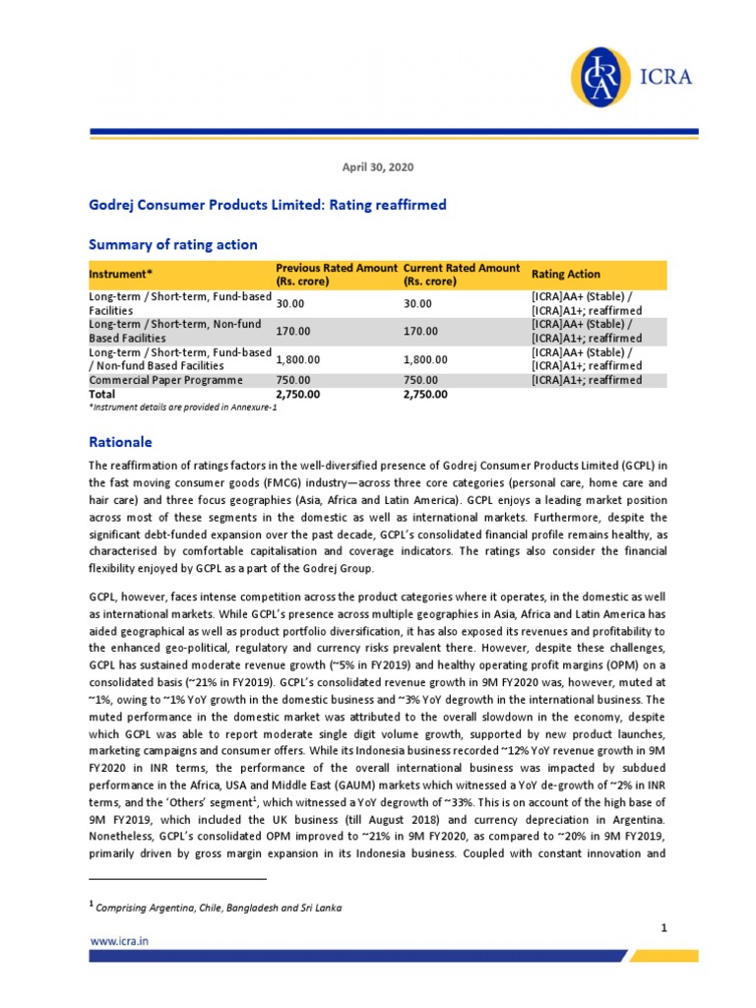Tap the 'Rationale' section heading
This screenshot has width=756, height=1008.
click(x=121, y=442)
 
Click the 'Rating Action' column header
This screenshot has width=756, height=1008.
click(x=565, y=275)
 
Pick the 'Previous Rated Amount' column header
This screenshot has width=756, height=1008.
click(x=337, y=275)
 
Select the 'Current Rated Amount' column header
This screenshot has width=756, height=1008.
click(x=462, y=275)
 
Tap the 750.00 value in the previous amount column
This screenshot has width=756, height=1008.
click(x=293, y=380)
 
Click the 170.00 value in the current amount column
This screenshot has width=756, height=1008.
click(x=422, y=331)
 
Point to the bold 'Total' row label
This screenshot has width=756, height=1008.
click(x=102, y=394)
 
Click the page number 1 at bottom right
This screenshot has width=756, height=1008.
click(x=664, y=927)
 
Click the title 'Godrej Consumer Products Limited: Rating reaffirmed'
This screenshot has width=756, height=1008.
click(x=268, y=205)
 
